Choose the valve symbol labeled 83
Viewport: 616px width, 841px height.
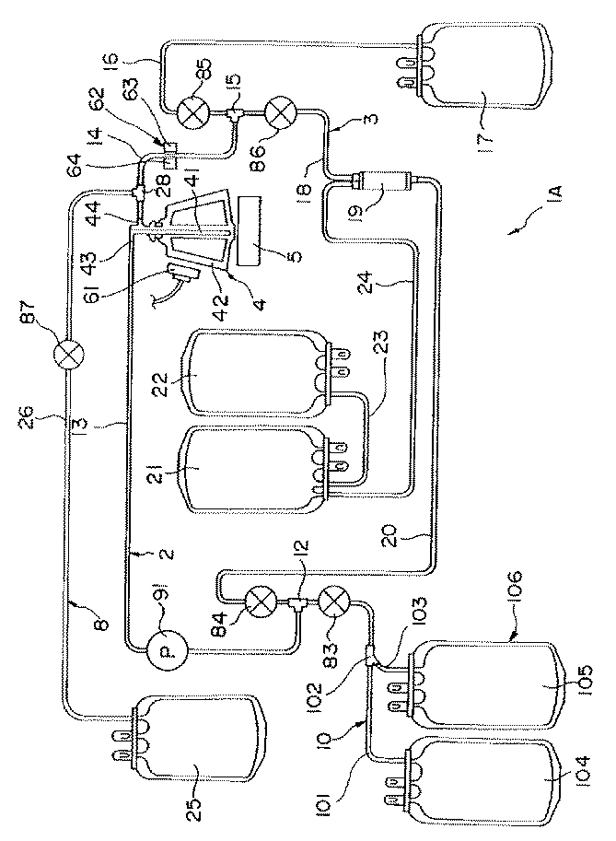click(x=332, y=605)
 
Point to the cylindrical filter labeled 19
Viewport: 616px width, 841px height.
click(x=381, y=193)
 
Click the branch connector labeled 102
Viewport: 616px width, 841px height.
click(x=370, y=658)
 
